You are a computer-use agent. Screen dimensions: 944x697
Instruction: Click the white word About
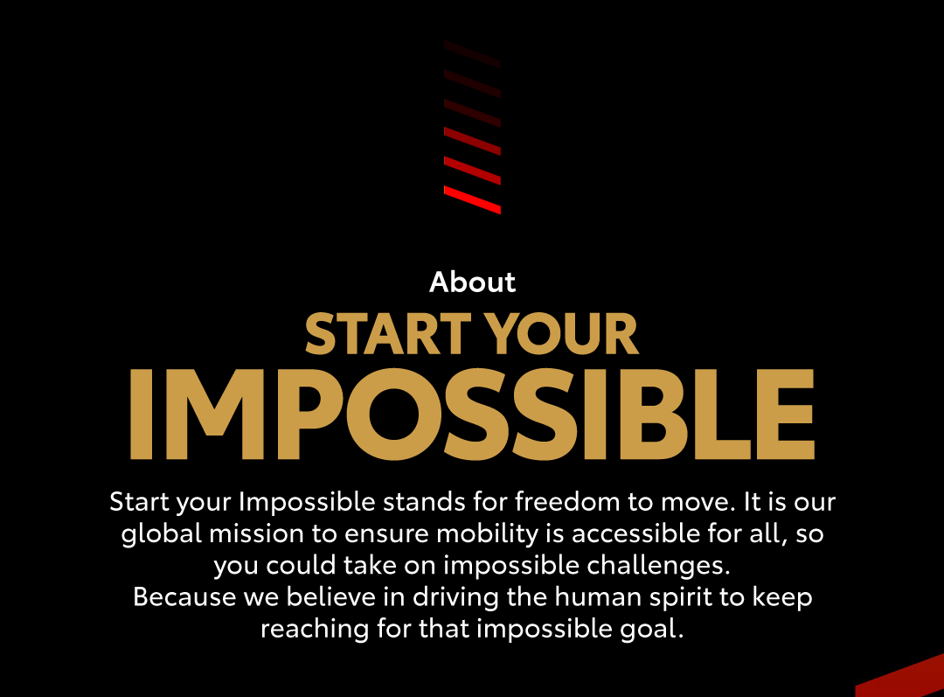(x=473, y=282)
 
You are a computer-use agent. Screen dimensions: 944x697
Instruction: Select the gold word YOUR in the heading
(x=563, y=334)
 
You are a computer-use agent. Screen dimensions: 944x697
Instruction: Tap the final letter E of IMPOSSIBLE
(x=786, y=415)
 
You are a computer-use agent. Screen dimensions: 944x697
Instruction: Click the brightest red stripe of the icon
(x=473, y=200)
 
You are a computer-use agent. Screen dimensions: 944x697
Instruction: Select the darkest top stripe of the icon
(x=473, y=54)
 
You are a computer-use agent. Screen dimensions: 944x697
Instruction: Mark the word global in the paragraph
(x=162, y=534)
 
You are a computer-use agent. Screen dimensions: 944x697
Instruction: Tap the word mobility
(x=487, y=534)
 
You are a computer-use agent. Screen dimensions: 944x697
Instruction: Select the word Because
(x=184, y=597)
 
